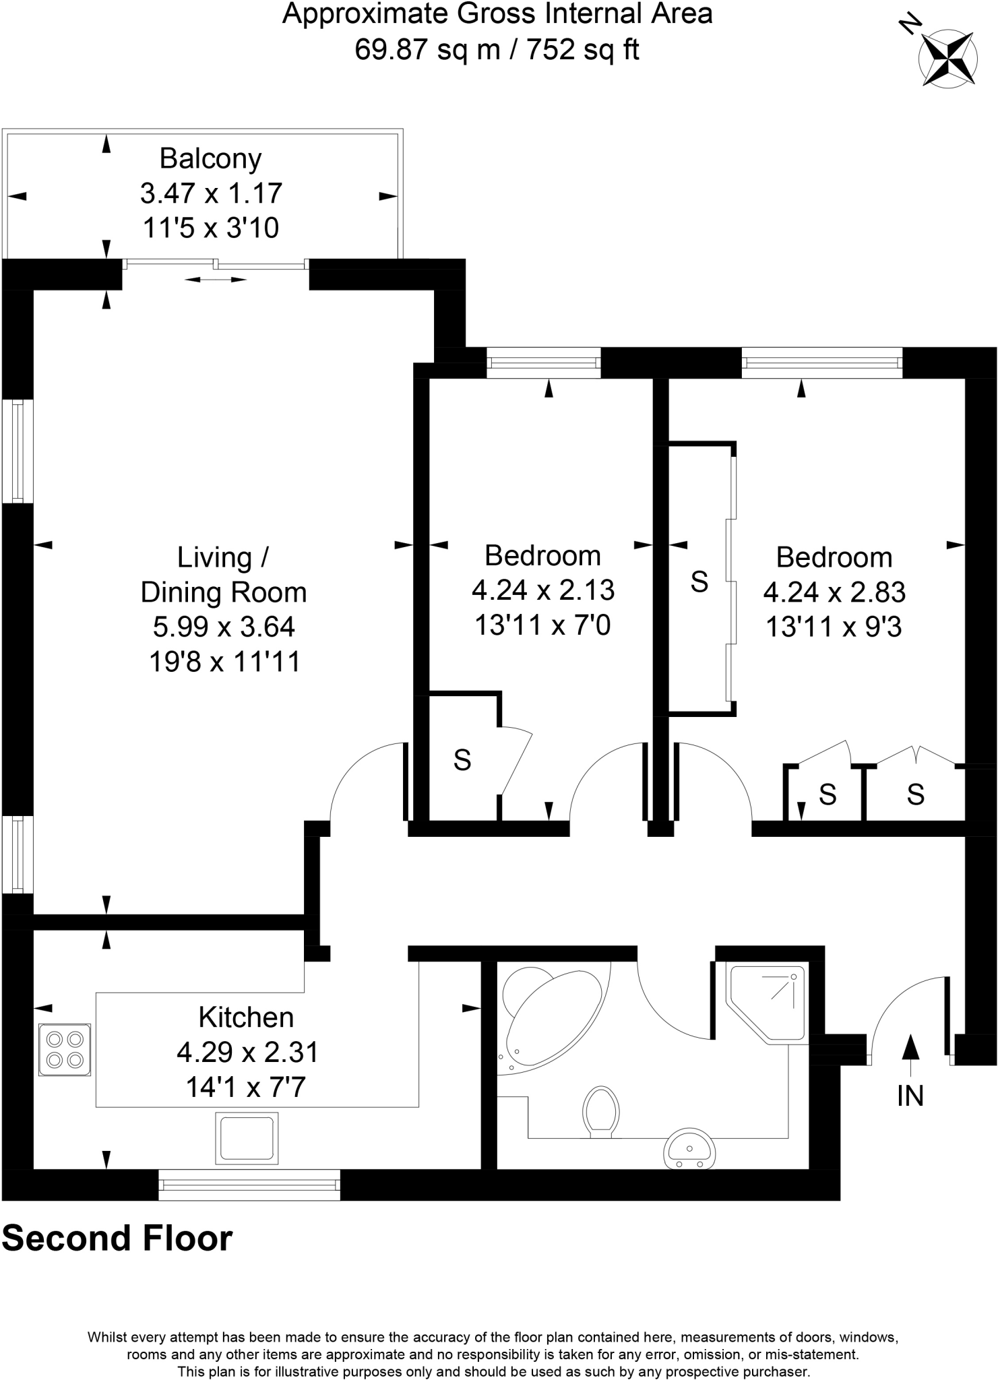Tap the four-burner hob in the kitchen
point(65,1049)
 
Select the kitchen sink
point(247,1138)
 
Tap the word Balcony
point(210,159)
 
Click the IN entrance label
point(910,1096)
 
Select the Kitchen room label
point(246,1017)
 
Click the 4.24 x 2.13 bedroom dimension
point(543,590)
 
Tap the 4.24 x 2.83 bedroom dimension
point(834,592)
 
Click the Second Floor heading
point(117,1238)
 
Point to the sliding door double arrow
point(216,279)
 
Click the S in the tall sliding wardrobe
point(699,581)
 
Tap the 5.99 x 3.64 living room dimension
point(224,627)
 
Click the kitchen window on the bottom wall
point(249,1184)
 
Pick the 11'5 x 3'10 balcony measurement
point(210,228)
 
